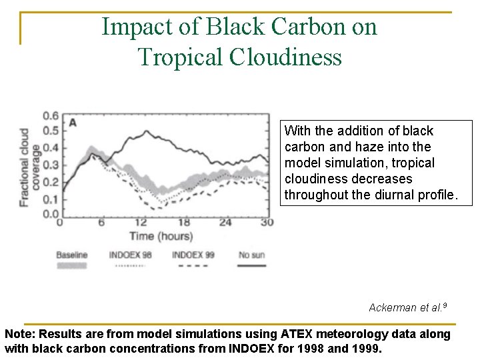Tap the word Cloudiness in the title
click(285, 57)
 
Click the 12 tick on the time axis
click(141, 223)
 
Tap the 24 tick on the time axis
click(225, 223)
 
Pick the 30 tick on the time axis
click(267, 223)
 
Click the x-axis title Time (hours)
click(161, 236)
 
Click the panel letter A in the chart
click(73, 122)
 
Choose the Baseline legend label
click(71, 255)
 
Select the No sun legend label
click(251, 255)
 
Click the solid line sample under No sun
click(251, 265)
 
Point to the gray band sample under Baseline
click(72, 265)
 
